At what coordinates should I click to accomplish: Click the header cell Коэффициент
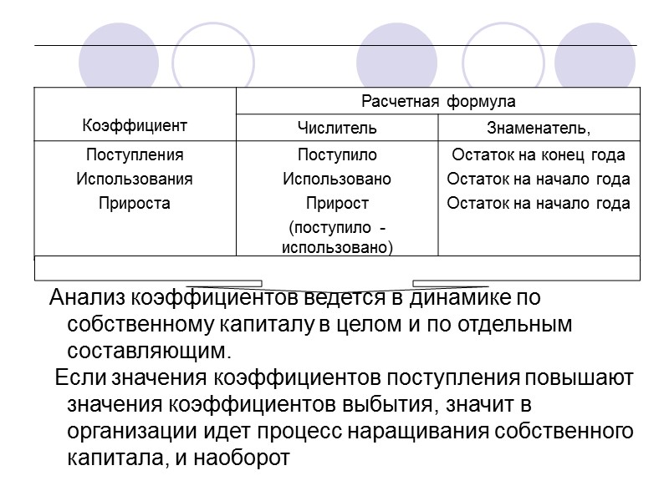pyautogui.click(x=134, y=126)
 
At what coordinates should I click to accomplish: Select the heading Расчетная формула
pyautogui.click(x=438, y=102)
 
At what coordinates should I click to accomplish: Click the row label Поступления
pyautogui.click(x=135, y=154)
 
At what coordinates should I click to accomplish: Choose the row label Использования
pyautogui.click(x=135, y=179)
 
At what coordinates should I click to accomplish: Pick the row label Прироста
pyautogui.click(x=135, y=203)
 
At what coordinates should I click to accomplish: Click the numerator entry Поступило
pyautogui.click(x=337, y=154)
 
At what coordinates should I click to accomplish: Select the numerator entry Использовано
pyautogui.click(x=337, y=179)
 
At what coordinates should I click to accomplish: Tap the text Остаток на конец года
pyautogui.click(x=539, y=154)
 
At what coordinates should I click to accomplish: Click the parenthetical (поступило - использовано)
pyautogui.click(x=337, y=238)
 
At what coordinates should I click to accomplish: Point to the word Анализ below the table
pyautogui.click(x=87, y=298)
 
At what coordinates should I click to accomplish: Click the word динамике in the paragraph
pyautogui.click(x=464, y=298)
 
